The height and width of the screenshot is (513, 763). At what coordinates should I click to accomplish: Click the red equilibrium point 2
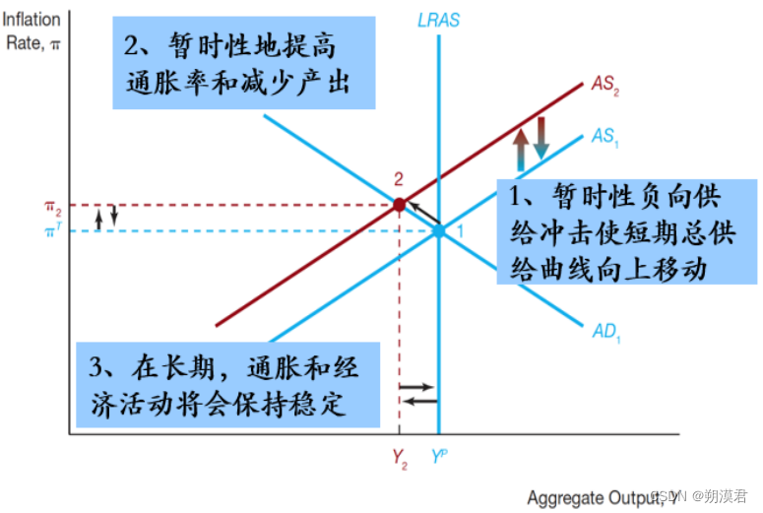point(399,205)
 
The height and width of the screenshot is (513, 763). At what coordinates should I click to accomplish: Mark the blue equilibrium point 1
point(438,231)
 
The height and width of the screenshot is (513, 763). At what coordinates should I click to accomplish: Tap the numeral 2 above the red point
point(399,179)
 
